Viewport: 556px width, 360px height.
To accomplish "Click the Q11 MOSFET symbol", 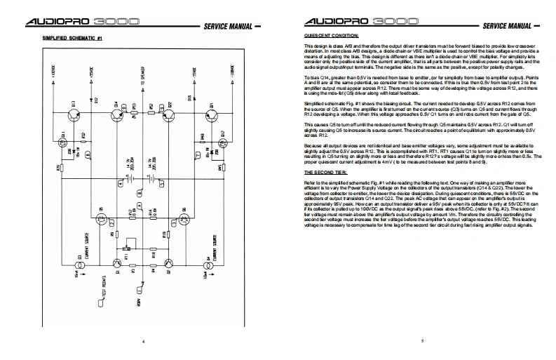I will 64,140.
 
